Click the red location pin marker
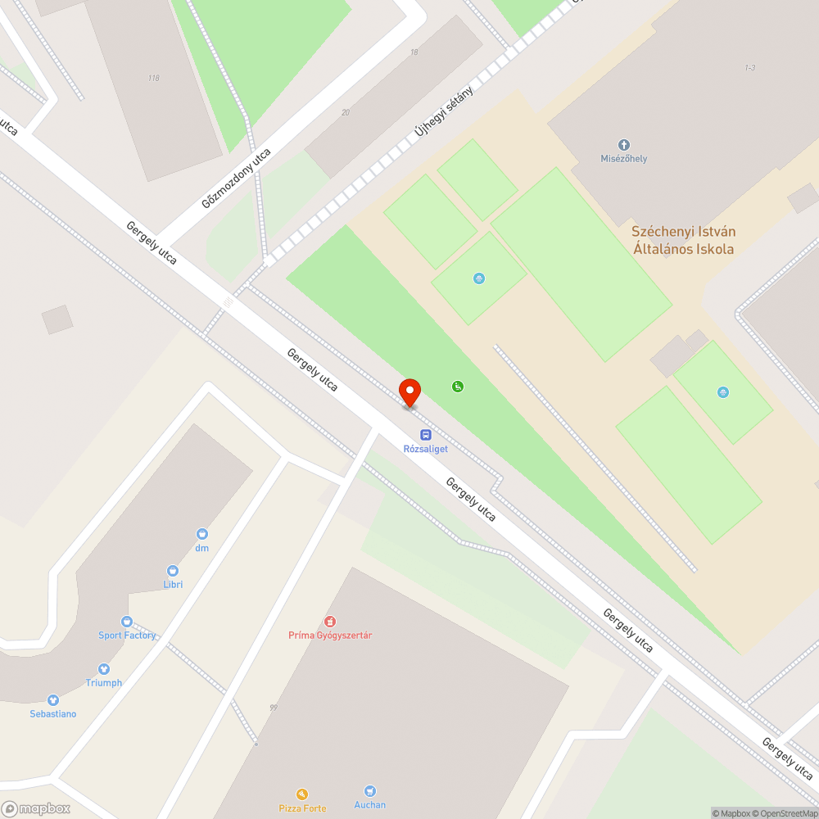point(409,391)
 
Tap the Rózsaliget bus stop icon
point(426,435)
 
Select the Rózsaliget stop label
point(426,448)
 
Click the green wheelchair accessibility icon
point(458,386)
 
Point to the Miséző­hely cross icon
point(623,145)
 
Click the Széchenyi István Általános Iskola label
point(683,241)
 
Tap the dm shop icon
point(201,534)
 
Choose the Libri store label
point(173,584)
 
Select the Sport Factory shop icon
point(126,622)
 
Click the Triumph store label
point(104,682)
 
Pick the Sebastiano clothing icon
point(53,700)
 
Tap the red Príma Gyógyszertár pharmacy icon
point(330,622)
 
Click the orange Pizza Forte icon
point(302,794)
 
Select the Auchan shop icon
point(369,790)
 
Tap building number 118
point(154,79)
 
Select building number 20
point(346,113)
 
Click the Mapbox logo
point(36,808)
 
